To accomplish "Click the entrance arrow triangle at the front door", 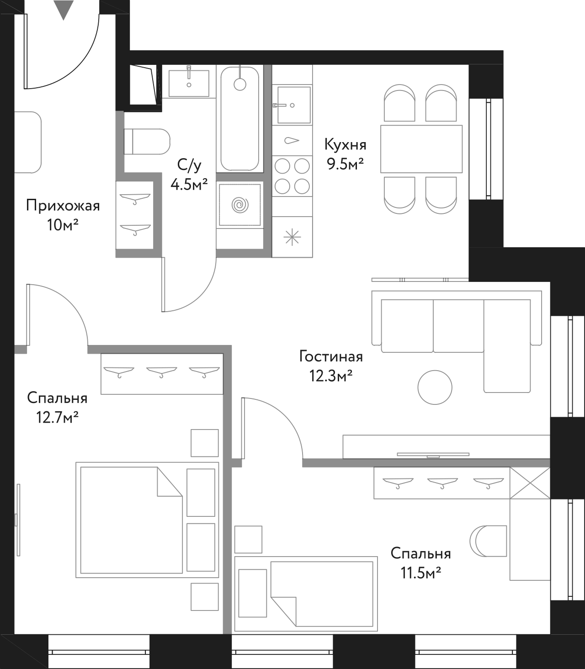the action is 64,10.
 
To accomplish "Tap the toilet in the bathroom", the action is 147,142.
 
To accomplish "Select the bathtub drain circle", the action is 239,85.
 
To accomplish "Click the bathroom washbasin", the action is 189,83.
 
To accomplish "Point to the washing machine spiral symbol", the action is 240,205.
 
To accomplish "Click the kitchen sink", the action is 292,105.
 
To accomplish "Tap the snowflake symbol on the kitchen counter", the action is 292,237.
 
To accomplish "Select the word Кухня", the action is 346,145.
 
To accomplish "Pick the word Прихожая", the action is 63,206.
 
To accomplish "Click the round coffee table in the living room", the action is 435,387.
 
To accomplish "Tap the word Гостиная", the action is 331,356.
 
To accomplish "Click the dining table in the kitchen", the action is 421,149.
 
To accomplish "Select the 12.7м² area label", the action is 57,417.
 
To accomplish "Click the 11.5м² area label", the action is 421,573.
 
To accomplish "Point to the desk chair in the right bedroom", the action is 488,541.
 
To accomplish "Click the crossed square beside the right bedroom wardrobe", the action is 530,483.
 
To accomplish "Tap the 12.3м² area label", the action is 330,377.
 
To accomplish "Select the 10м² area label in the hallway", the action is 63,225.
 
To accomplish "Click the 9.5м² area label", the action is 346,164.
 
